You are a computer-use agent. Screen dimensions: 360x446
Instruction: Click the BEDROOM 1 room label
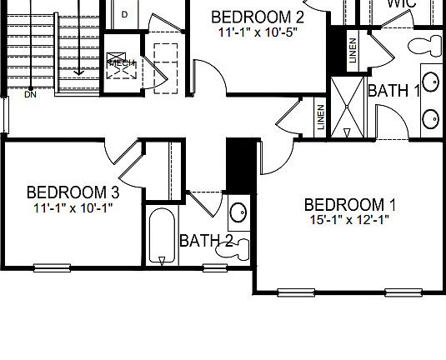click(x=349, y=205)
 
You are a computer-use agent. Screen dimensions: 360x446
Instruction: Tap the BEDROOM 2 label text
click(x=258, y=17)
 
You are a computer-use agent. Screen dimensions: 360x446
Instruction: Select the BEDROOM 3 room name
click(x=73, y=192)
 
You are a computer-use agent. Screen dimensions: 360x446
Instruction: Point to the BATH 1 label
click(x=393, y=91)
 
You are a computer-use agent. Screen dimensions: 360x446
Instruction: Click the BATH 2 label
click(x=206, y=241)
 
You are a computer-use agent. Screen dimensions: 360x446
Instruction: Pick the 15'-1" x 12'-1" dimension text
click(x=349, y=220)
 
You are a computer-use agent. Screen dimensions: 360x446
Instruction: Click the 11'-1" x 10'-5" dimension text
click(x=258, y=32)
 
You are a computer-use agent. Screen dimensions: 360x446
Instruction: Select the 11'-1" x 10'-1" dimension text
click(x=73, y=207)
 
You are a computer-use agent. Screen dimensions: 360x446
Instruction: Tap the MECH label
click(x=120, y=62)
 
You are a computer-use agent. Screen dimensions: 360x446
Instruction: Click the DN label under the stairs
click(x=30, y=94)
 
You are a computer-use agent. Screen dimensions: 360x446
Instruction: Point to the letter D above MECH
click(x=124, y=14)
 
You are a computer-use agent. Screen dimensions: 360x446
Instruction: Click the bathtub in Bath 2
click(x=162, y=237)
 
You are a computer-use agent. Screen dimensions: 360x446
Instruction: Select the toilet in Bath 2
click(x=241, y=247)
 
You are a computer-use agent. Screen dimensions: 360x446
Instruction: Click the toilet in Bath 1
click(x=430, y=42)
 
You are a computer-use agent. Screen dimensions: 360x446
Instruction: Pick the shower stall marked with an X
click(x=348, y=107)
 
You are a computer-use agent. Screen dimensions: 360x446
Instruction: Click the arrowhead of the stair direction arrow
click(x=78, y=72)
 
